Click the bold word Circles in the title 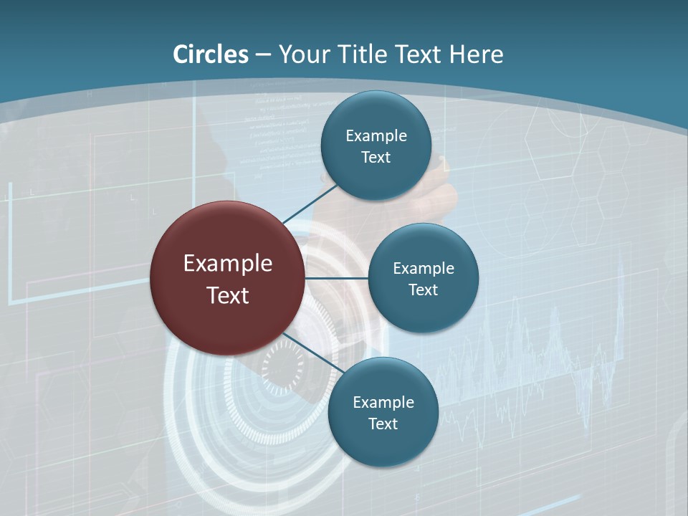coord(211,54)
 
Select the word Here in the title coord(476,54)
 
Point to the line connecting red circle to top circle coord(310,204)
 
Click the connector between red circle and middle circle coord(336,278)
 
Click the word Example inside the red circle coord(228,264)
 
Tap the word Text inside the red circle coord(228,295)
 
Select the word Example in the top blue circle coord(376,136)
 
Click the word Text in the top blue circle coord(376,158)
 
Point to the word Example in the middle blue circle coord(424,269)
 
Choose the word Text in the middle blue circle coord(424,290)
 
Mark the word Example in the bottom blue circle coord(383,403)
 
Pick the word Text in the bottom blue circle coord(383,424)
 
